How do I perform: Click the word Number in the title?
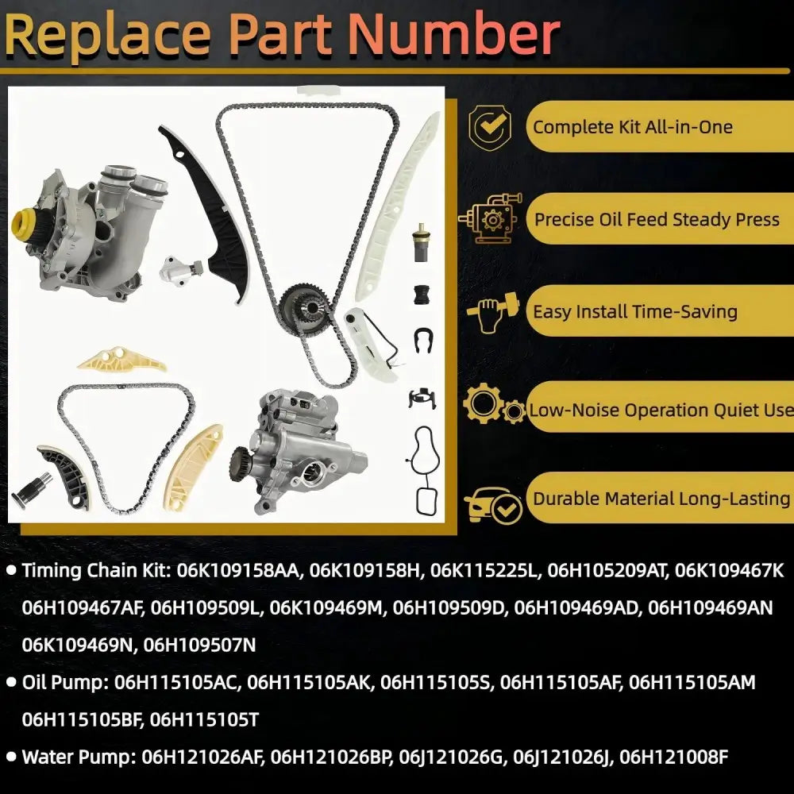(453, 34)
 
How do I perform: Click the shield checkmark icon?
(489, 126)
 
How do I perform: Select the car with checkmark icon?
(492, 505)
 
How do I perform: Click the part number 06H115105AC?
(175, 683)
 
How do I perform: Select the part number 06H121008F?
(674, 757)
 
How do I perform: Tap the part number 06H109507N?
(199, 645)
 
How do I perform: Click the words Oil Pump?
(65, 683)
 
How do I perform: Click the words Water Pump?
(79, 757)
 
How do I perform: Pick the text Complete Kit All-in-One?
(633, 126)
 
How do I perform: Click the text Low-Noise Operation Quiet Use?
(661, 410)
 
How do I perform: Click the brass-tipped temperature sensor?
(420, 242)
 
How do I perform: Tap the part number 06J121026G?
(453, 757)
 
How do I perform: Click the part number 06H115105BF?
(80, 719)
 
